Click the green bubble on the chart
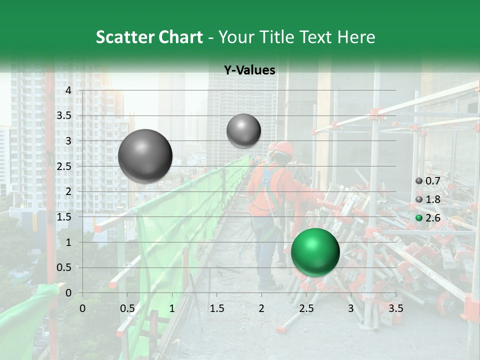coord(315,252)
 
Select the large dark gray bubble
coord(145,156)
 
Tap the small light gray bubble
coord(243,130)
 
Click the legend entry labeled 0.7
coord(428,181)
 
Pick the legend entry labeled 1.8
coord(428,199)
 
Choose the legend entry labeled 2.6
coord(428,217)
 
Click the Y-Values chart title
coord(249,70)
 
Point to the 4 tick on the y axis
coord(68,90)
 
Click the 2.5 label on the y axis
coord(64,166)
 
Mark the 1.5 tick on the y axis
coord(64,217)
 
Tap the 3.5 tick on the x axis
coord(395,308)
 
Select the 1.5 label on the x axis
coord(216,308)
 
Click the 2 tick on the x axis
coord(261,308)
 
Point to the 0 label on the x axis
coord(82,308)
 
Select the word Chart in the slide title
coord(180,37)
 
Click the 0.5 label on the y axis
coord(64,267)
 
